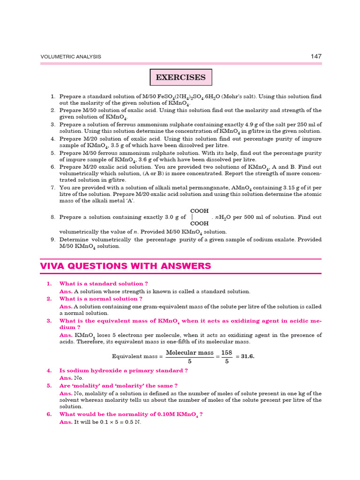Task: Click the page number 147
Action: [316, 56]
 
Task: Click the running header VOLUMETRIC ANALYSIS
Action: [71, 57]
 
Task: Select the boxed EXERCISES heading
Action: [180, 77]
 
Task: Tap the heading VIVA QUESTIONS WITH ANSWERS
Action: [126, 266]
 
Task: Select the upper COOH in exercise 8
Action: [199, 211]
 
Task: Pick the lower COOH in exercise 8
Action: [199, 224]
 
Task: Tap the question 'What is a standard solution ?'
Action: [104, 284]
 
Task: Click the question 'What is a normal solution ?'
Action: [101, 299]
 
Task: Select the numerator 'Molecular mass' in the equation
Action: [190, 352]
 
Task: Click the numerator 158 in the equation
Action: [227, 352]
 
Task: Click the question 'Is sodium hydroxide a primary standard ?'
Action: [124, 370]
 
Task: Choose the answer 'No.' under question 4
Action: [79, 378]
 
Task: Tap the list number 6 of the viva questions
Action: [49, 414]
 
